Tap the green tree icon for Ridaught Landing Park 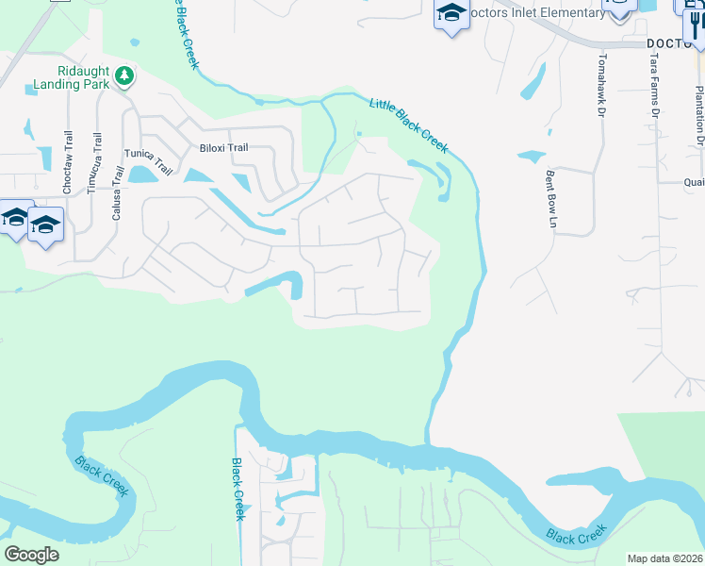(123, 75)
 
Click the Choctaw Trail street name (67, 163)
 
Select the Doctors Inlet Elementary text (538, 12)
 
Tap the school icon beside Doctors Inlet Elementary (451, 13)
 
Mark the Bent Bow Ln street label (549, 198)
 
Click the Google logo (31, 555)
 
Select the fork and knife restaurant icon (697, 24)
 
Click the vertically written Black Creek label (238, 489)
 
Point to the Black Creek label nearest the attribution (575, 537)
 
